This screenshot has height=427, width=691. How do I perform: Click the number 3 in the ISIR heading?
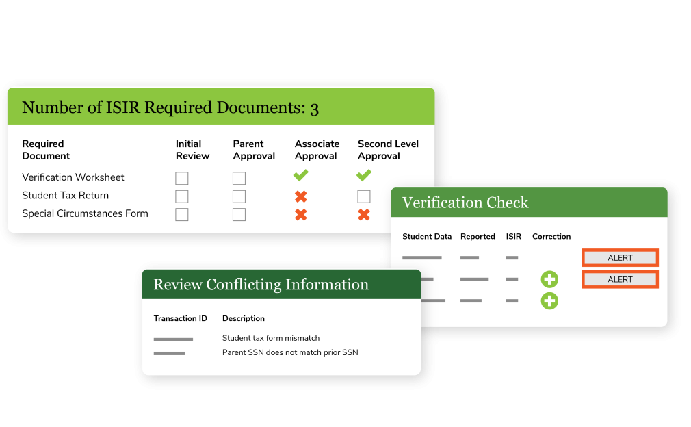click(314, 108)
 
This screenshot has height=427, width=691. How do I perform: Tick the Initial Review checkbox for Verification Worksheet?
click(181, 179)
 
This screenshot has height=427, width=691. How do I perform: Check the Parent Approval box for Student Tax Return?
click(239, 197)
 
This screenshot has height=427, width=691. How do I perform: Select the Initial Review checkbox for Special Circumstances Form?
click(181, 215)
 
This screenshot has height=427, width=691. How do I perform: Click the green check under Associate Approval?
click(300, 176)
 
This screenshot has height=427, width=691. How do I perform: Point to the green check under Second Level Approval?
click(363, 176)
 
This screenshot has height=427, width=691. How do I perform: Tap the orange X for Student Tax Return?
click(300, 197)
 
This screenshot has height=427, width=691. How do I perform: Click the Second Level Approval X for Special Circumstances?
click(364, 215)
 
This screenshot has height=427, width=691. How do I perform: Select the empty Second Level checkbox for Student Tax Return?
click(364, 197)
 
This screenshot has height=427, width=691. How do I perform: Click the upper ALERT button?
click(620, 258)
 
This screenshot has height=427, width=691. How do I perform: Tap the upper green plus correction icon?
click(549, 279)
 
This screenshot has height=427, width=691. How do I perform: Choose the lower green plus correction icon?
click(549, 300)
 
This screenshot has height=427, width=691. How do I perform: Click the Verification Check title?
click(465, 203)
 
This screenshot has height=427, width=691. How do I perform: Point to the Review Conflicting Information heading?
click(261, 285)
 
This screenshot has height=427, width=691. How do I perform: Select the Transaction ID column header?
click(180, 318)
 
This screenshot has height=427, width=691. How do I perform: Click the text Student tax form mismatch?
click(271, 338)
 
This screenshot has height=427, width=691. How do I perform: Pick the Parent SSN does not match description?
click(290, 353)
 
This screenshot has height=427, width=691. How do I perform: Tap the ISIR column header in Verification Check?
click(513, 237)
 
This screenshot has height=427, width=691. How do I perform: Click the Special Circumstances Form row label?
click(85, 213)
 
